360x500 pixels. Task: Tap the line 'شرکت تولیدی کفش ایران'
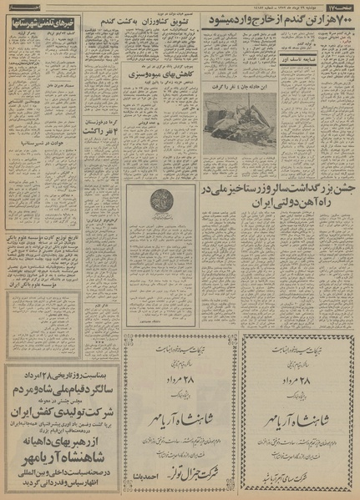click(x=50, y=433)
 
